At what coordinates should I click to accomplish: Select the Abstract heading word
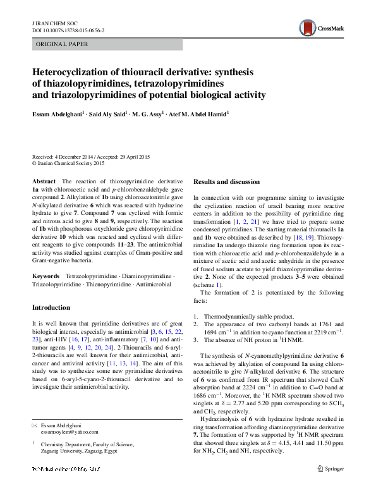[x=44, y=181]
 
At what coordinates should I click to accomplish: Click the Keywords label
[x=45, y=277]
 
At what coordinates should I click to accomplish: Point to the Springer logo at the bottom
[x=330, y=486]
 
